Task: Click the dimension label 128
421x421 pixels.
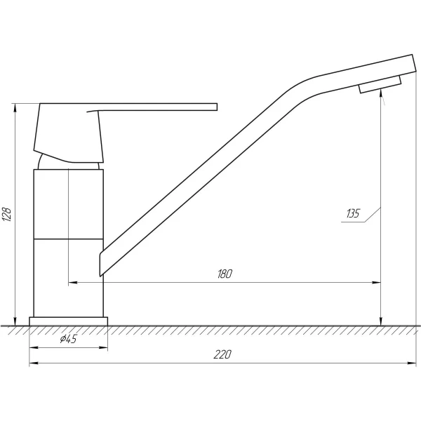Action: [7, 214]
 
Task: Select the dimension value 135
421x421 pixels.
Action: [352, 213]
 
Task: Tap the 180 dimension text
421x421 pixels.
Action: [225, 274]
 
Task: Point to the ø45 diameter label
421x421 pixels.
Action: [68, 339]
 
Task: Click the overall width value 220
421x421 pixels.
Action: [222, 354]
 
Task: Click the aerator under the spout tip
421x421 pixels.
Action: [380, 84]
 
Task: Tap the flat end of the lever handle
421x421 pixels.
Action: [216, 107]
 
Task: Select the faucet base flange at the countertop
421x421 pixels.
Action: [69, 321]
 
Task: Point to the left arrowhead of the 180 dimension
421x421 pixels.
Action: [73, 283]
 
